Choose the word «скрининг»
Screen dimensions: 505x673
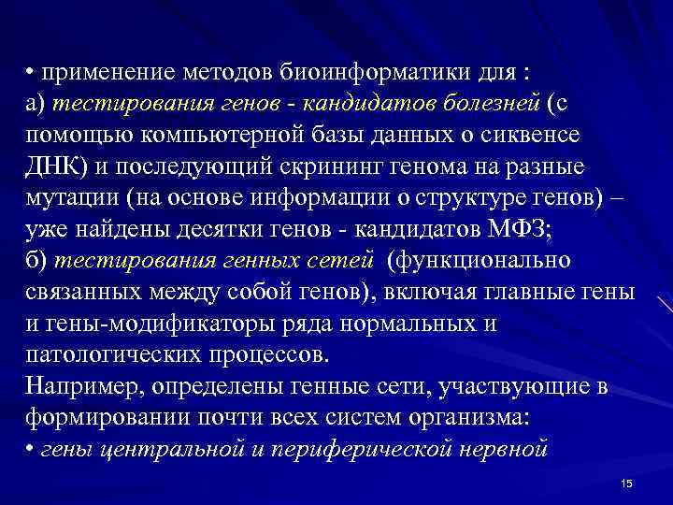pyautogui.click(x=322, y=166)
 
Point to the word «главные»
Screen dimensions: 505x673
pyautogui.click(x=534, y=290)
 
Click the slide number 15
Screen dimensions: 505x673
pyautogui.click(x=626, y=482)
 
